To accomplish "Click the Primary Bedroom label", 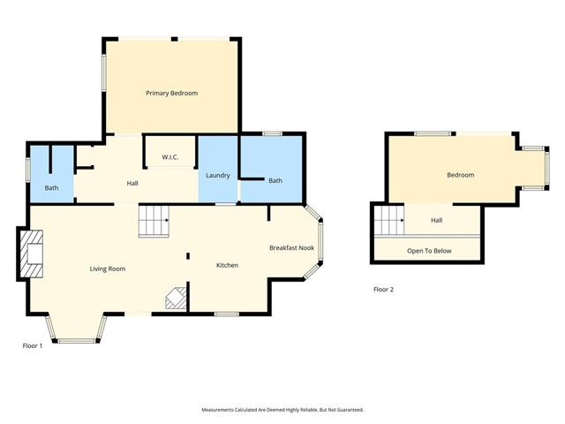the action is click(171, 94).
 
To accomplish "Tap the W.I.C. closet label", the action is click(170, 157).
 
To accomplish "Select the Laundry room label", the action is click(218, 176).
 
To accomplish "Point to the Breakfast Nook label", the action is click(292, 247).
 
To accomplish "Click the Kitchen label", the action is click(227, 265).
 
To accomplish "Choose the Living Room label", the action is click(108, 269).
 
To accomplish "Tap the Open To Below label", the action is click(429, 251).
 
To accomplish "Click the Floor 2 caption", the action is click(383, 290).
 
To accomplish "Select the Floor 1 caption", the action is click(33, 345).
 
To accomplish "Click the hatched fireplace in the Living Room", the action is click(32, 254).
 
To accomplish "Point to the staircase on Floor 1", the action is click(154, 221).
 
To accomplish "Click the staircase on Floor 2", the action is click(389, 220).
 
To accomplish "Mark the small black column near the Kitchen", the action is click(188, 256).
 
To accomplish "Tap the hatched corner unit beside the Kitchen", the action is click(177, 298).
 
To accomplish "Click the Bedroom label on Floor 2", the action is click(461, 175).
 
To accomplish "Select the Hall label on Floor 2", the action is click(437, 220).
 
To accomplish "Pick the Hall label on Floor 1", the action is click(132, 184).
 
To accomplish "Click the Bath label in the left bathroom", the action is click(51, 188).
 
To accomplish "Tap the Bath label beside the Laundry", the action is click(275, 180).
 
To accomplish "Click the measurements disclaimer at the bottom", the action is click(282, 410).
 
